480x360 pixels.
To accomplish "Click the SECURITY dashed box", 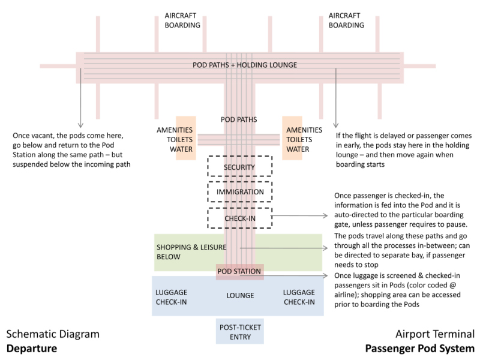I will pyautogui.click(x=239, y=167).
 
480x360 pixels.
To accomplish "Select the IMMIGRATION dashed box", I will pyautogui.click(x=239, y=192).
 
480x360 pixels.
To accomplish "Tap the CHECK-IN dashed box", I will pyautogui.click(x=239, y=218).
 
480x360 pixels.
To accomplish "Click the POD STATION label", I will pyautogui.click(x=239, y=271).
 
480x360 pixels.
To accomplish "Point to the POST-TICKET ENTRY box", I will pyautogui.click(x=239, y=331).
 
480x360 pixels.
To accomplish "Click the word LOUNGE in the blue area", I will pyautogui.click(x=240, y=296).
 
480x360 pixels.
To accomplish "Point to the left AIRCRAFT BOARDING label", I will pyautogui.click(x=183, y=20).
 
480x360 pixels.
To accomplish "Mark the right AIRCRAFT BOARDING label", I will pyautogui.click(x=346, y=20).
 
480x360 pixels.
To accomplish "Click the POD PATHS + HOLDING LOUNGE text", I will pyautogui.click(x=244, y=65).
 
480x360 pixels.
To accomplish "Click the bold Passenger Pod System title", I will pyautogui.click(x=419, y=349).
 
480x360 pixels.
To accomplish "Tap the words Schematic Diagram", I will pyautogui.click(x=53, y=334).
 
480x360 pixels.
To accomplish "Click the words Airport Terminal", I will pyautogui.click(x=435, y=334).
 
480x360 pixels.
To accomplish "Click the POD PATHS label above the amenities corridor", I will pyautogui.click(x=239, y=119).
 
